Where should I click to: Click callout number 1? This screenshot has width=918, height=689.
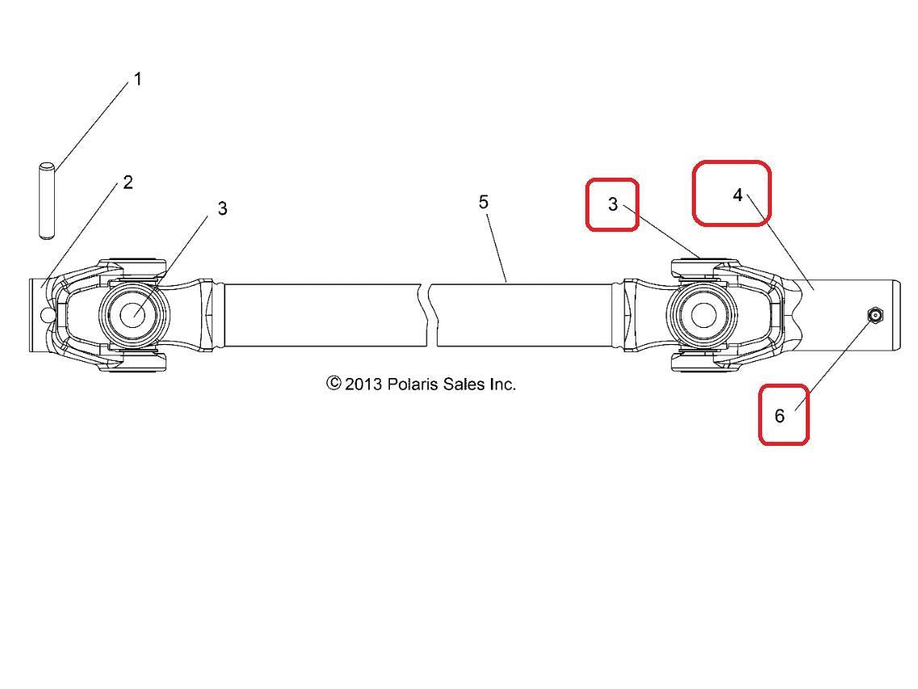point(137,78)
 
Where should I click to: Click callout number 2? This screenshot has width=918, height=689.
point(128,183)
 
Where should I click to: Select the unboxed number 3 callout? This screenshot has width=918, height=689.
point(223,208)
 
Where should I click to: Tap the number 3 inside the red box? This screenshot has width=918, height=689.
point(613,204)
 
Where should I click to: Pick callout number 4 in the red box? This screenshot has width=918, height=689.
point(738,195)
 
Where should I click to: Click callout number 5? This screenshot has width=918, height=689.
point(483,202)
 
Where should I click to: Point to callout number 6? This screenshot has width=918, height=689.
point(779,416)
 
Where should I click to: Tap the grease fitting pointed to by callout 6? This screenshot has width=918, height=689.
point(874,316)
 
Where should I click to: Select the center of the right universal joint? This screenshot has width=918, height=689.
point(702,315)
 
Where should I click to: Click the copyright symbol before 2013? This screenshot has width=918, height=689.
point(333,384)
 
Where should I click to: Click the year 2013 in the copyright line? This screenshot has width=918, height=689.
point(363,384)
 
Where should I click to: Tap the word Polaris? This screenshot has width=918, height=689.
point(412,384)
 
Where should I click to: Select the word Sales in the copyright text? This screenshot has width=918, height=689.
point(463,384)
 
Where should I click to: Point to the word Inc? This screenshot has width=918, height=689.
point(502,384)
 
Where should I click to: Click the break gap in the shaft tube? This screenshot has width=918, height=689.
point(432,315)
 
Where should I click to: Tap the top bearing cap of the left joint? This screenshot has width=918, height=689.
point(132,267)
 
